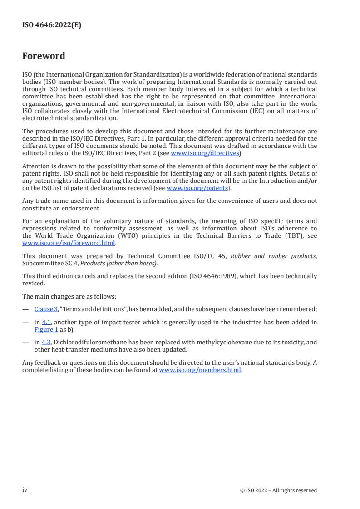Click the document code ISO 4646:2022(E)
coord(52,25)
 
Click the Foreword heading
coord(44,56)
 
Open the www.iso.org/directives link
coord(205,153)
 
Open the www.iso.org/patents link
coord(197,188)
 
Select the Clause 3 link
coord(46,309)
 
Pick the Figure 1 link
coord(46,328)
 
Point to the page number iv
coord(25,490)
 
